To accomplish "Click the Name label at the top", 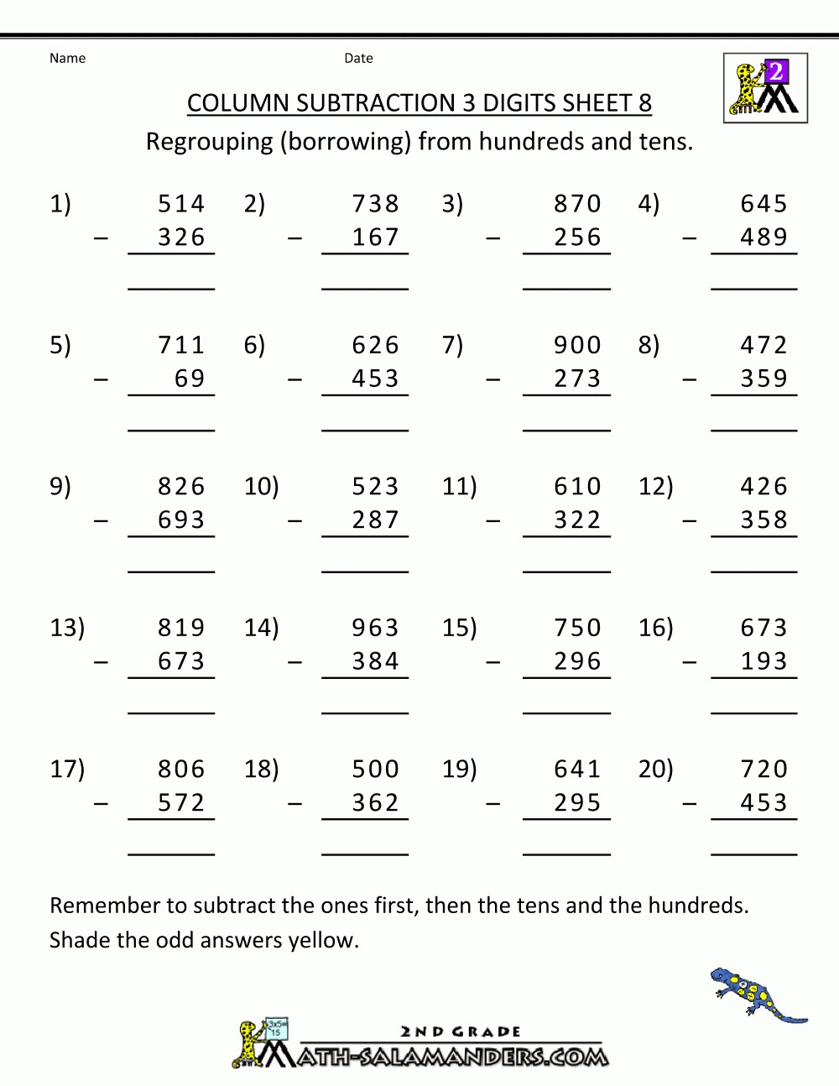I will coord(67,58).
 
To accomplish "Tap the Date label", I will coord(358,58).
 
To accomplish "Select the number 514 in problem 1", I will coord(181,204).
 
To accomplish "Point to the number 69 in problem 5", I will coord(190,379).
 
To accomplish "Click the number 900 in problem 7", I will coord(577,345).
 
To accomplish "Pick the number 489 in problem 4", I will coord(763,238).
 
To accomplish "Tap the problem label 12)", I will coord(655,487).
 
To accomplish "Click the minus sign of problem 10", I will coord(294,521).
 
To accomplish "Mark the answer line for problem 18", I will coord(365,854).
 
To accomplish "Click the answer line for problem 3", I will coord(566,289).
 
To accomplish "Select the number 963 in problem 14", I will coord(375,628).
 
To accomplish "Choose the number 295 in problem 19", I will coord(577,803).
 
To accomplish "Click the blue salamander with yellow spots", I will coord(758,995).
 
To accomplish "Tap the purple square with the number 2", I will coord(776,70).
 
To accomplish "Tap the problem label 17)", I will coord(67,770).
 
